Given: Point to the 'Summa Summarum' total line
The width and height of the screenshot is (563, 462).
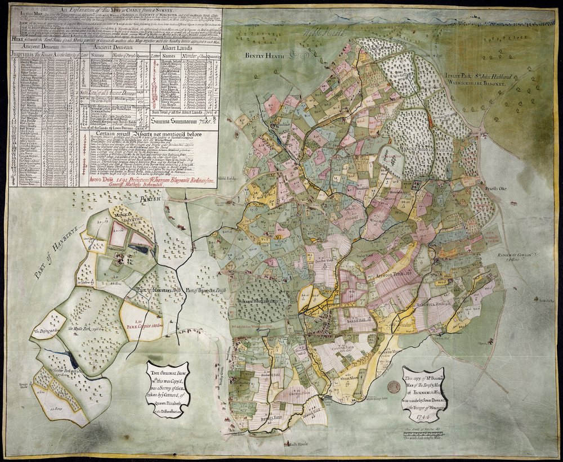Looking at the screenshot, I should point(180,120).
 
